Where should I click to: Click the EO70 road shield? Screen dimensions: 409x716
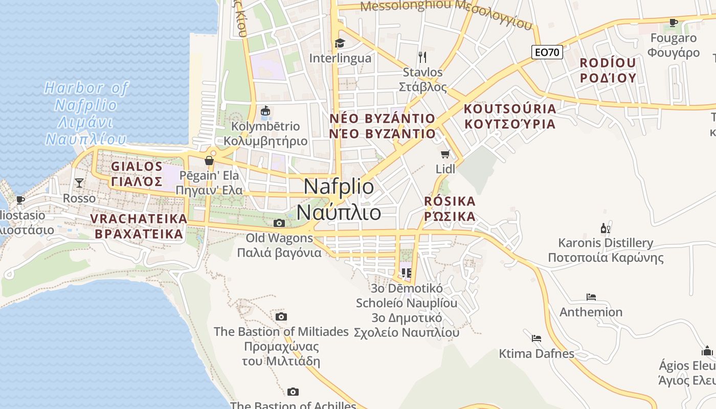pyautogui.click(x=547, y=52)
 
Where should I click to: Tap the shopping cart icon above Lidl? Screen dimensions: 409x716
pyautogui.click(x=445, y=154)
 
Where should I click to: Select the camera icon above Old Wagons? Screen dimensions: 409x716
pyautogui.click(x=279, y=223)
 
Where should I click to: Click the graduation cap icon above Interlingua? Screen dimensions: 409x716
pyautogui.click(x=340, y=43)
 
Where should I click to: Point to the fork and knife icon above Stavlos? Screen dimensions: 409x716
pyautogui.click(x=422, y=57)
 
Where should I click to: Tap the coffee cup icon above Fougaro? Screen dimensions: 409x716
pyautogui.click(x=674, y=22)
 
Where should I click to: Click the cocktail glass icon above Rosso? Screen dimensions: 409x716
pyautogui.click(x=79, y=183)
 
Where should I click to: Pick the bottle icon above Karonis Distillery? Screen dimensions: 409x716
pyautogui.click(x=606, y=228)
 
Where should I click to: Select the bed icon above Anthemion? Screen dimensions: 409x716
pyautogui.click(x=591, y=297)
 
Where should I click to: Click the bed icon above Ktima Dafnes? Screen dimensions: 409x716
pyautogui.click(x=536, y=338)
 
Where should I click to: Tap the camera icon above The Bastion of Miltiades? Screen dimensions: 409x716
pyautogui.click(x=281, y=317)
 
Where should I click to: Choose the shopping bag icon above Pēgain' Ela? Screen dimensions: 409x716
pyautogui.click(x=209, y=161)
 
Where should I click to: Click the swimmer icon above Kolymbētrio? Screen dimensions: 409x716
pyautogui.click(x=265, y=111)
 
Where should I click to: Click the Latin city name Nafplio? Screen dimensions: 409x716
pyautogui.click(x=339, y=187)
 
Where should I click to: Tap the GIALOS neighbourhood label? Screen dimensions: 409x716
pyautogui.click(x=137, y=167)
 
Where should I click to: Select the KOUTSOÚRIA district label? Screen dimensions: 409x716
pyautogui.click(x=509, y=109)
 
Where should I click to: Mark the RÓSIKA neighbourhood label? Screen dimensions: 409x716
pyautogui.click(x=450, y=201)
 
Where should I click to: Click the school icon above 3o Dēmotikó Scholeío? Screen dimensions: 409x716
pyautogui.click(x=407, y=272)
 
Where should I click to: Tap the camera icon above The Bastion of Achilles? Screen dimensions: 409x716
pyautogui.click(x=293, y=392)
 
